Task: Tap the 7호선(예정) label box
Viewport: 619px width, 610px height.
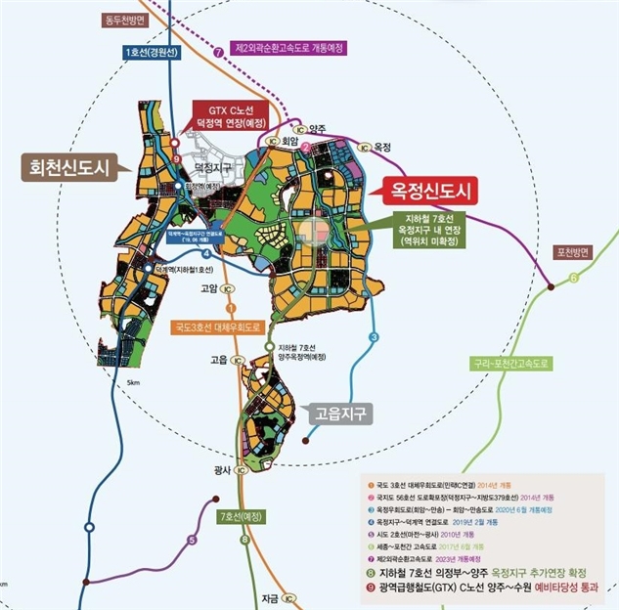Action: coord(242,515)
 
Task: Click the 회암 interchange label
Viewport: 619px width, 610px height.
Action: coord(288,140)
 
